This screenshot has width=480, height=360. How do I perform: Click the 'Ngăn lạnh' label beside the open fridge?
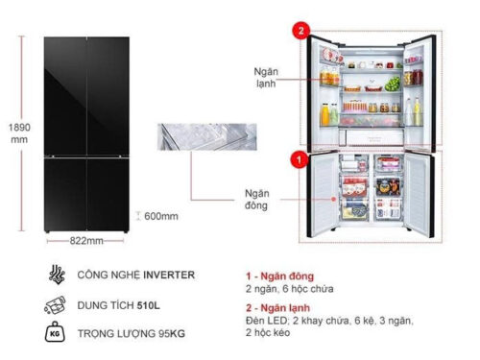point(266,77)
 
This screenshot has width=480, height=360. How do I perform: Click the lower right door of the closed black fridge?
point(109,197)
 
